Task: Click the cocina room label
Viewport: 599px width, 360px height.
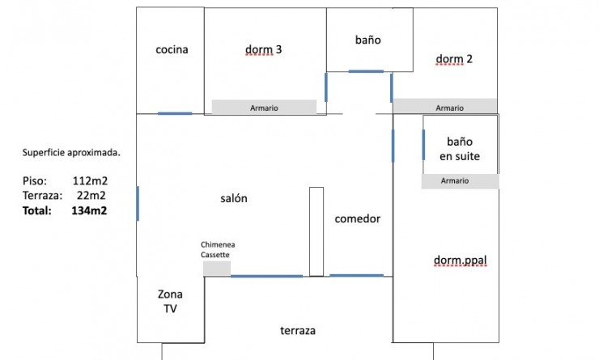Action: click(x=172, y=49)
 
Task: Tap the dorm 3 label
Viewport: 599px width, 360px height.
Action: click(x=263, y=49)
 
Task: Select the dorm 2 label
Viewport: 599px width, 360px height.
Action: click(x=454, y=59)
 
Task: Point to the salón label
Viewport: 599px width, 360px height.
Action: click(x=234, y=198)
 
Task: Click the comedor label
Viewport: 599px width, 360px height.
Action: click(x=358, y=218)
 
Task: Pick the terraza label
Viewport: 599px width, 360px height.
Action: click(x=298, y=331)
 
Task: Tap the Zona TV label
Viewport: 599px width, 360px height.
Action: click(x=170, y=301)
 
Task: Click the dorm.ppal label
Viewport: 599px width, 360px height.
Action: click(x=461, y=260)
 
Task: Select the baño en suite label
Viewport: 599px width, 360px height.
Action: click(x=460, y=149)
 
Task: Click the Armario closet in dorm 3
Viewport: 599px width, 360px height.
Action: click(x=264, y=107)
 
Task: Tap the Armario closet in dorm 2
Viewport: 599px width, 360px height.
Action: click(x=445, y=106)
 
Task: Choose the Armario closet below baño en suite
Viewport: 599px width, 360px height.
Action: click(x=460, y=181)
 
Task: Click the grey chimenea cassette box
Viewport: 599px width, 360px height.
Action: click(x=217, y=269)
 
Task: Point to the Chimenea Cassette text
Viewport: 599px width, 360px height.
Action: click(x=218, y=250)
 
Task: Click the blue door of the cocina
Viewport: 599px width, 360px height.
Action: click(x=175, y=113)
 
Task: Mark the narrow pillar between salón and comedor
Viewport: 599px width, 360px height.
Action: click(x=316, y=231)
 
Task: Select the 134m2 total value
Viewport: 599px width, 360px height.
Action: click(x=89, y=210)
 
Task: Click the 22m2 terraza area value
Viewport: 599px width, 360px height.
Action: click(x=91, y=196)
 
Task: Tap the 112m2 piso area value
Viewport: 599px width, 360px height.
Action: click(x=90, y=180)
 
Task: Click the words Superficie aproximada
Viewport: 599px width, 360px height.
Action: click(x=71, y=153)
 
